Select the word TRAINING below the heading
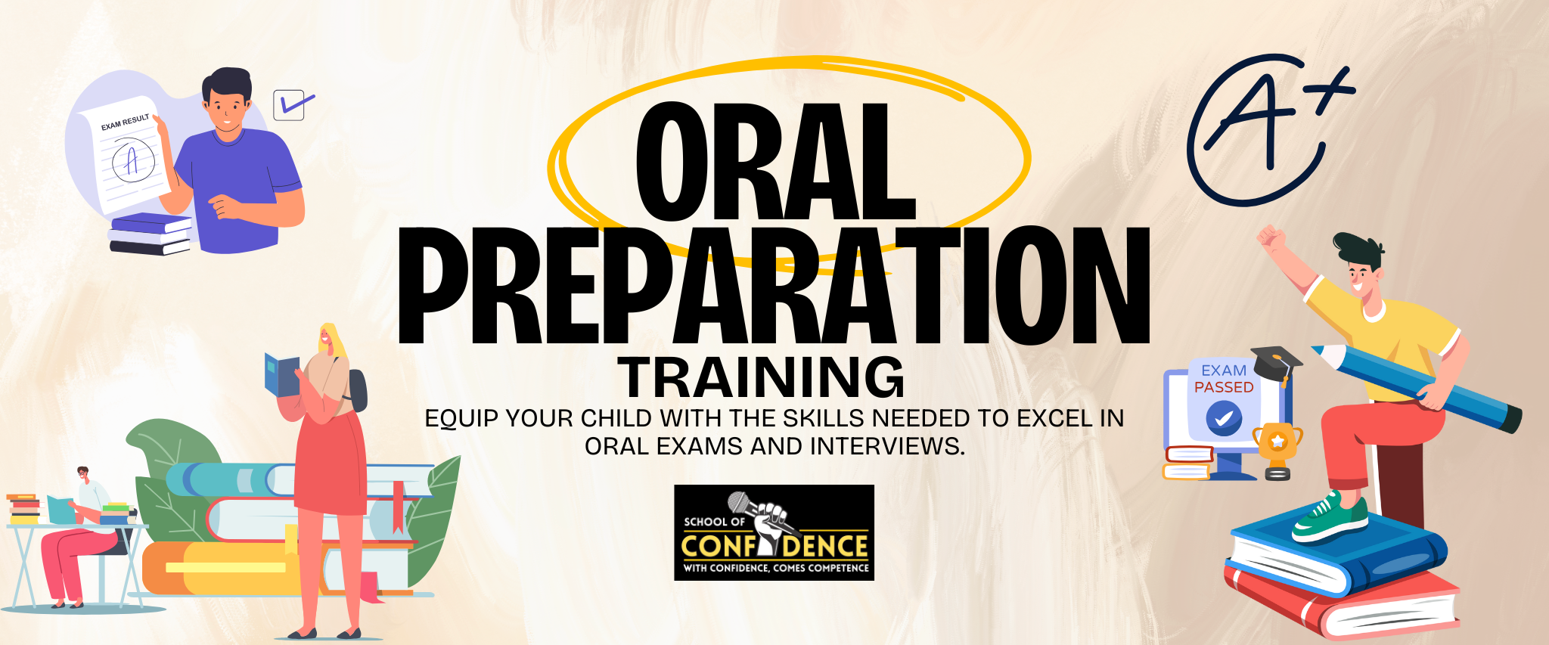pos(761,377)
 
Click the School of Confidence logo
pos(774,532)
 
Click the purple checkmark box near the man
pos(292,105)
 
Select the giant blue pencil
pos(1417,388)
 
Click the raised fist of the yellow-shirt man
pos(1271,236)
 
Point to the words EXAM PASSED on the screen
pos(1224,379)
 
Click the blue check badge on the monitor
pos(1224,417)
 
